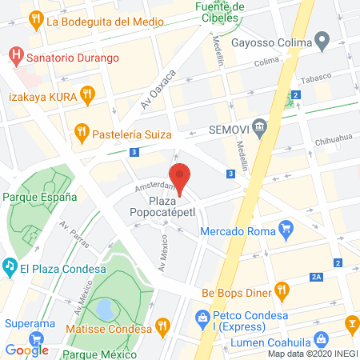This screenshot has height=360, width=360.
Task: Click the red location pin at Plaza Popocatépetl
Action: click(180, 178)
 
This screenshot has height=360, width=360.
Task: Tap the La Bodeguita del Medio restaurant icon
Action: click(36, 20)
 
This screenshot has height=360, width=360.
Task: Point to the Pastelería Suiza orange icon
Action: click(81, 131)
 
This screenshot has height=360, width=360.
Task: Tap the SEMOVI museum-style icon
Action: click(259, 126)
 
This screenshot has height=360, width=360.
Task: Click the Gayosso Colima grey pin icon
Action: click(322, 40)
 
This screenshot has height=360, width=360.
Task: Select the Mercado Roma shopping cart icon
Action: click(286, 230)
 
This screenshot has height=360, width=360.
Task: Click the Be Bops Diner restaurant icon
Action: click(281, 290)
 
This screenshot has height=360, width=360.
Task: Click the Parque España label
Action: click(39, 196)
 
